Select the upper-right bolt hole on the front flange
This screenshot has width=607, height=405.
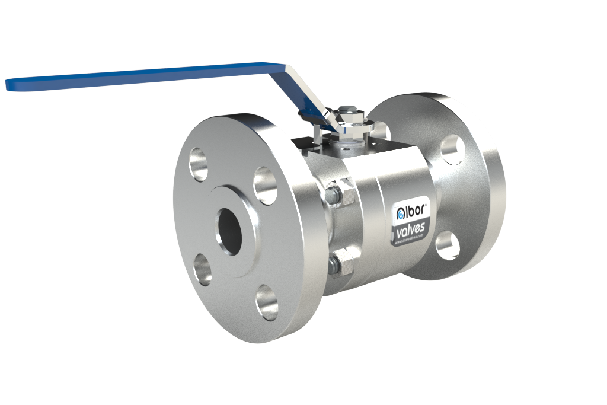(265, 186)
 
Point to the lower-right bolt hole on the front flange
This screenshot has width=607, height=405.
(267, 302)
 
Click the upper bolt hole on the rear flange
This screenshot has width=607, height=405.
(453, 150)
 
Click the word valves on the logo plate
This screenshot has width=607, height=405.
(410, 228)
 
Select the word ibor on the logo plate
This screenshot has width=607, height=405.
(416, 210)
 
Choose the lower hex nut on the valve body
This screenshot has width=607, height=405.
(340, 262)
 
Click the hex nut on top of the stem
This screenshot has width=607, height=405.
(347, 113)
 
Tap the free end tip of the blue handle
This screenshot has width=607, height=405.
(8, 85)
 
